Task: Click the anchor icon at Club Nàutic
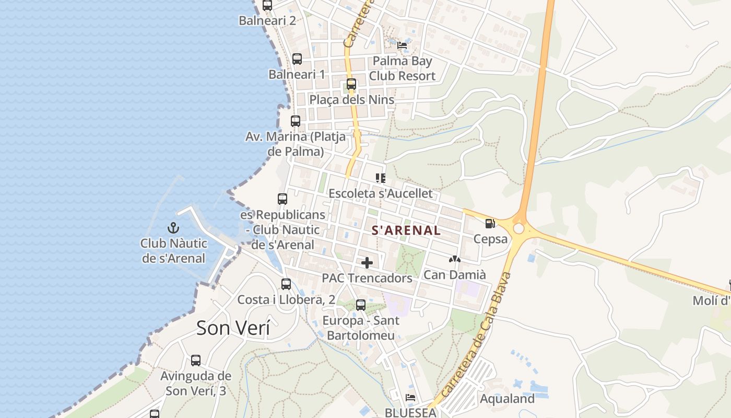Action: [x=173, y=228]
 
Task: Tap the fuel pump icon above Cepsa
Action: [x=490, y=224]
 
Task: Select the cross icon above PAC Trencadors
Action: [x=367, y=262]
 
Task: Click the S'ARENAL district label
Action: [x=406, y=230]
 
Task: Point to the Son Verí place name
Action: [x=233, y=328]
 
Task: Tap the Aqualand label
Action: [x=507, y=399]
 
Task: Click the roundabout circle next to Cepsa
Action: [x=518, y=229]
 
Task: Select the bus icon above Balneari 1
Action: [x=297, y=59]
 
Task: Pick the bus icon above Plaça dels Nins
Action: [x=351, y=84]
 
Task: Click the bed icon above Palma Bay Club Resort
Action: [x=402, y=45]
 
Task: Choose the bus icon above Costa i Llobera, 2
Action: [x=286, y=284]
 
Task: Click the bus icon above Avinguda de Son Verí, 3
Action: [x=195, y=361]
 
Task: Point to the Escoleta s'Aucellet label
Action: [x=380, y=193]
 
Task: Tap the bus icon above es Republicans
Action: [x=282, y=199]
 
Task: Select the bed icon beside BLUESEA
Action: [x=410, y=398]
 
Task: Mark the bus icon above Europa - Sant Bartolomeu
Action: [x=361, y=305]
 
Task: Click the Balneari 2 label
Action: [x=267, y=20]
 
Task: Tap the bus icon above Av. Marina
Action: [x=296, y=121]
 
